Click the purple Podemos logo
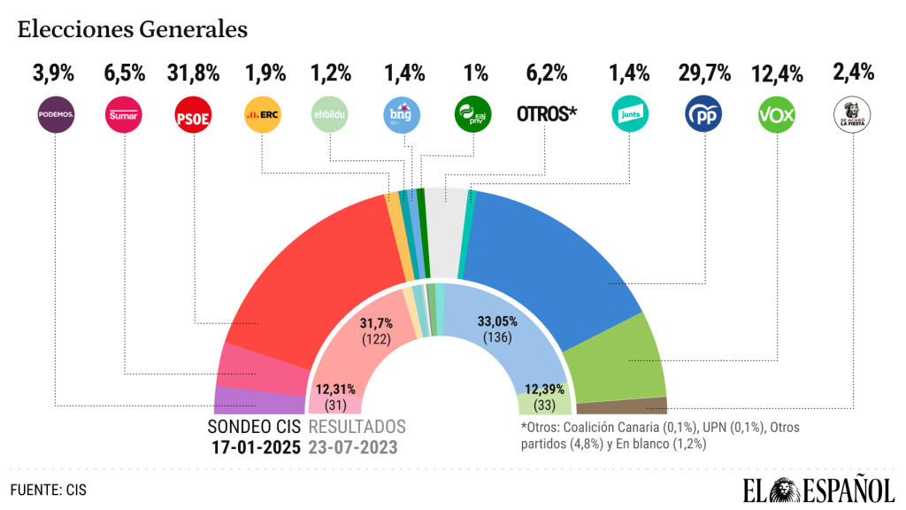55,115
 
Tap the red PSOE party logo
193,115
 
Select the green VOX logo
775,115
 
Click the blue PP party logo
703,115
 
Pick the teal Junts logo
630,115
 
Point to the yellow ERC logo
262,115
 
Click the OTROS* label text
546,115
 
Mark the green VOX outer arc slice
619,359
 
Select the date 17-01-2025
256,446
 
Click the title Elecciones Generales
132,29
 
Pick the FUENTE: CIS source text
50,489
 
